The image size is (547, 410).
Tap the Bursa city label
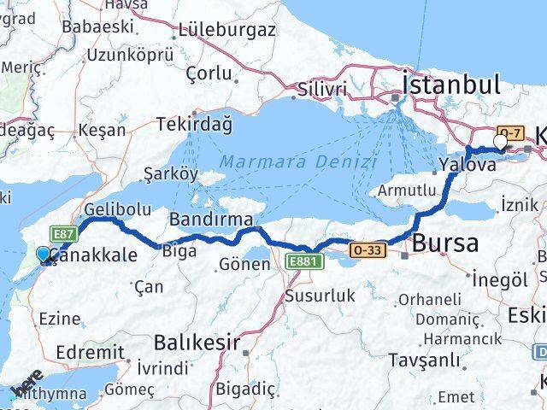click(x=444, y=243)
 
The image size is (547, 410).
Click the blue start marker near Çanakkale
click(x=44, y=255)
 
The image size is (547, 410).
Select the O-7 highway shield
click(x=510, y=132)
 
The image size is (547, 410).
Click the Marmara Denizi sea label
click(x=297, y=161)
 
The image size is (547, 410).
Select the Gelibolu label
click(x=118, y=208)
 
